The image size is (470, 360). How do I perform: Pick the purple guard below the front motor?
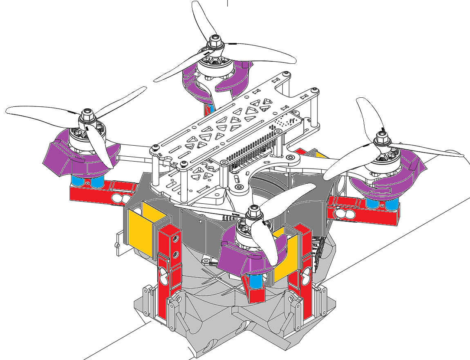(237, 262)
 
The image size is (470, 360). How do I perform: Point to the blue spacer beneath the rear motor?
(210, 108)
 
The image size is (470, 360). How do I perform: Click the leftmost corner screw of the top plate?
(154, 147)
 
